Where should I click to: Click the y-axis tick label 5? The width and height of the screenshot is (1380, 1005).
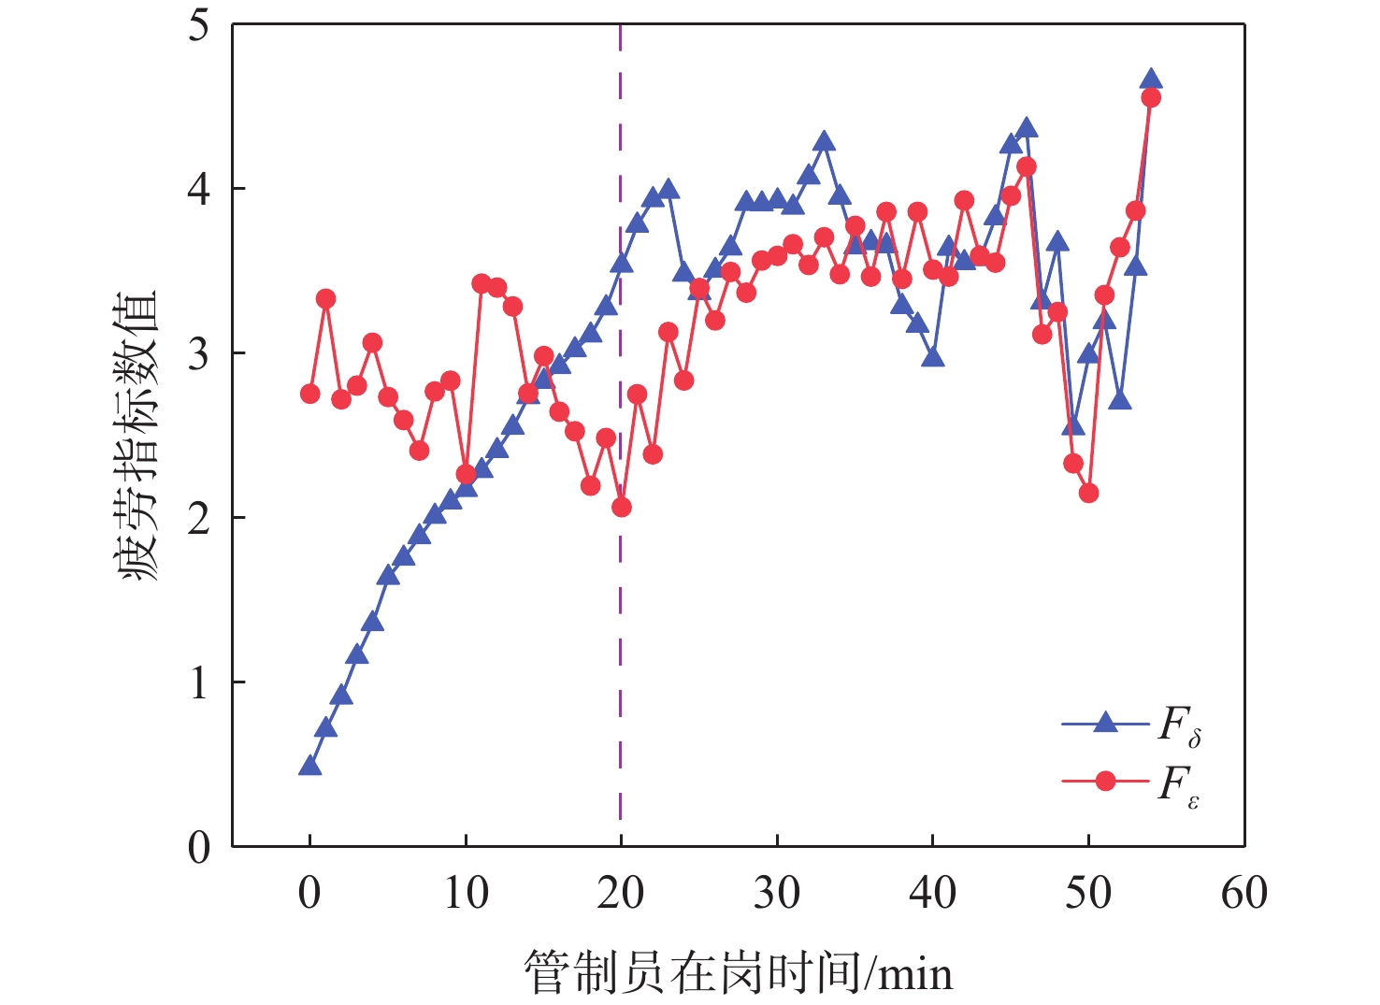click(198, 25)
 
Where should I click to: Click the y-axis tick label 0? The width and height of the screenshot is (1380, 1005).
click(198, 847)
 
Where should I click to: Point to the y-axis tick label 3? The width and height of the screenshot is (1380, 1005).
click(198, 354)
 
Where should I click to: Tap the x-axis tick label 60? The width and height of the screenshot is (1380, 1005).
click(1244, 894)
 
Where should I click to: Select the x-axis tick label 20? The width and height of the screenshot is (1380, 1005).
click(621, 894)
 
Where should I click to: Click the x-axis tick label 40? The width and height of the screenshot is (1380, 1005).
click(932, 894)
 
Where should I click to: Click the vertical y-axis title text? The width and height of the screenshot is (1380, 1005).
click(139, 435)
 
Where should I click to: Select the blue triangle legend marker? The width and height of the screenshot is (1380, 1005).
click(1105, 723)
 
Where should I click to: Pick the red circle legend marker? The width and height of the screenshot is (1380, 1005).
click(1105, 780)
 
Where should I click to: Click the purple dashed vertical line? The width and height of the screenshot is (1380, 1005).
click(621, 654)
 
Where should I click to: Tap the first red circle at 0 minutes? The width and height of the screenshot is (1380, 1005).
click(309, 394)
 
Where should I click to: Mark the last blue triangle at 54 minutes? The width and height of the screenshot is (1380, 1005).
click(1151, 79)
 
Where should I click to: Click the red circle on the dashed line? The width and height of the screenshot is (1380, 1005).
click(621, 507)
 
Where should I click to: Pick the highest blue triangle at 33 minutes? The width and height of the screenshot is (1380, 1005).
click(824, 142)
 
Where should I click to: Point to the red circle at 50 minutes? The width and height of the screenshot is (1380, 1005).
click(1088, 493)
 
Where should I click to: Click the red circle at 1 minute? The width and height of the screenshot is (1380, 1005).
click(325, 299)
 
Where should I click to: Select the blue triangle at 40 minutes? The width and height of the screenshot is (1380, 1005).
click(932, 358)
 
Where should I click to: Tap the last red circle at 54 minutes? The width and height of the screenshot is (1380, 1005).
click(1151, 97)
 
